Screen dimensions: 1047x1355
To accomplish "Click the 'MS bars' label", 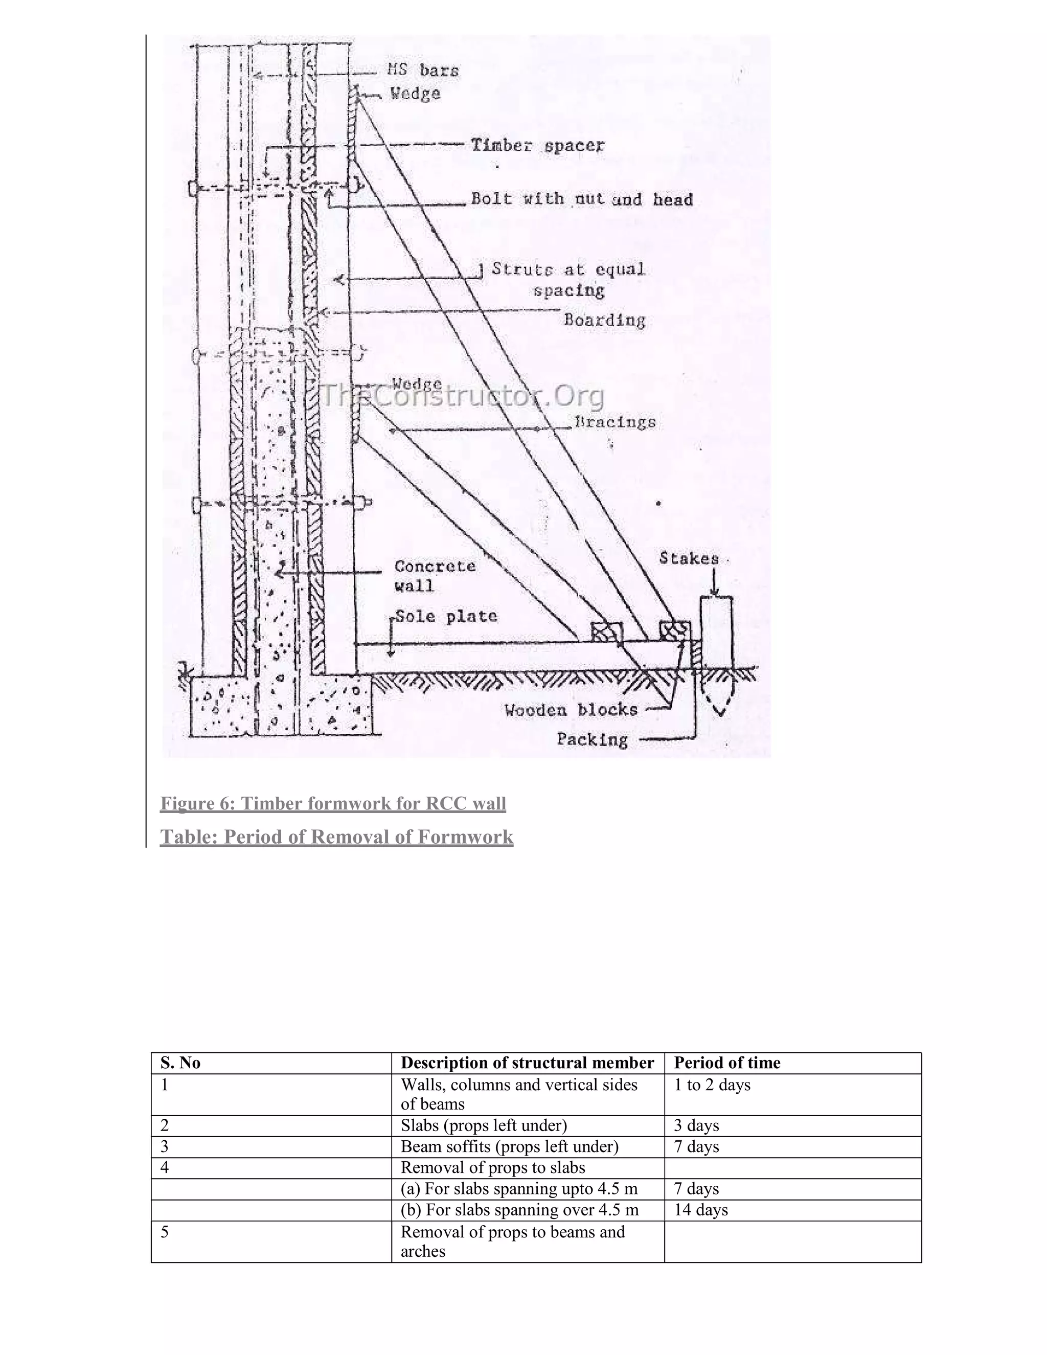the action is tap(424, 70).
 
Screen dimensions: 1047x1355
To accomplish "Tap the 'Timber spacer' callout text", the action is tap(537, 145).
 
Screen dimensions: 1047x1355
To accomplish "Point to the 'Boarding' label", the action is tap(604, 320).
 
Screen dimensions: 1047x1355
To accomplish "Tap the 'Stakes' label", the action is tap(689, 558).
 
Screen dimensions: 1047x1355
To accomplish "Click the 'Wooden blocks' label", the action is tap(571, 710).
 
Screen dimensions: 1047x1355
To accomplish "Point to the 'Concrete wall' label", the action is tap(435, 575).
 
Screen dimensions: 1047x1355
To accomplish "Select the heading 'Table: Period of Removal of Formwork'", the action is tap(337, 837).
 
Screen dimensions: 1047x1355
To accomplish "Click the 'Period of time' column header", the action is tap(727, 1064).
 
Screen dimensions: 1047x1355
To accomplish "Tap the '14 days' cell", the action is tap(701, 1210).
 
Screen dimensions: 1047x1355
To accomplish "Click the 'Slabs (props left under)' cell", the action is tap(484, 1125).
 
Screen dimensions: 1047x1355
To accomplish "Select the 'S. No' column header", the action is tap(180, 1064).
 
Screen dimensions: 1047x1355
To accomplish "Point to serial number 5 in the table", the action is tap(165, 1232).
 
